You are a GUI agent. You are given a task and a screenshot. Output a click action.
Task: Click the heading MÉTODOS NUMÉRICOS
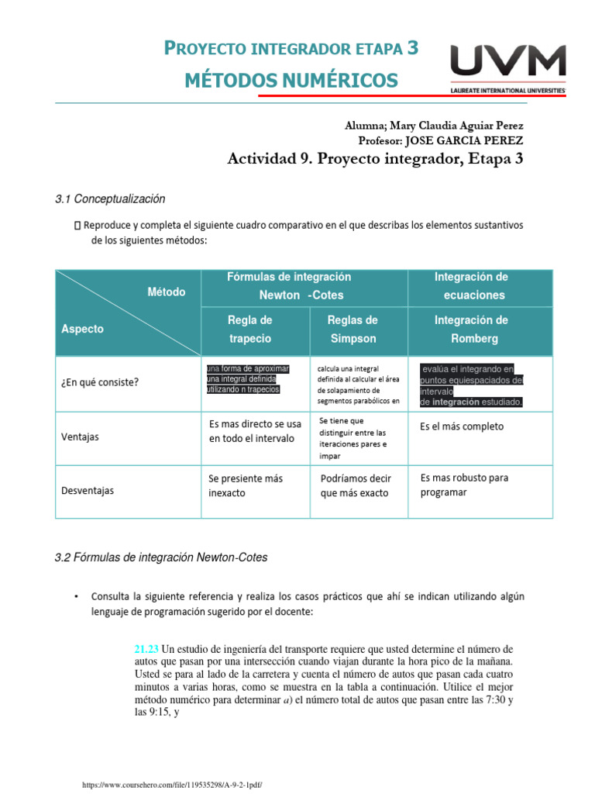coord(291,80)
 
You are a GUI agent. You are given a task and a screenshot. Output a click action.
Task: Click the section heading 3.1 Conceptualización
coord(110,199)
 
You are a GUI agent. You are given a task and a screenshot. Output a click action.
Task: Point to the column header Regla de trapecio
coord(249,329)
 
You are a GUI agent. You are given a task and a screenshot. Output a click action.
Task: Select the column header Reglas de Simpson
coord(353,329)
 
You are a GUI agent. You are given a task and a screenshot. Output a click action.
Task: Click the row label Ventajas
coord(80,437)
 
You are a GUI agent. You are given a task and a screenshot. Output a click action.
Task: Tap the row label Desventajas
coord(87,490)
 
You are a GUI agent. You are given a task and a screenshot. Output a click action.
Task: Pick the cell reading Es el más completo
coord(462,426)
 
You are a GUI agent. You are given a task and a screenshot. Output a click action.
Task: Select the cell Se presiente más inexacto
coord(246,485)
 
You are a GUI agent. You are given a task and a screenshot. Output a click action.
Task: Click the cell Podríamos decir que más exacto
coord(356,485)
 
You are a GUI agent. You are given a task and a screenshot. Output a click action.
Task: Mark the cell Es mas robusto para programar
coord(464,485)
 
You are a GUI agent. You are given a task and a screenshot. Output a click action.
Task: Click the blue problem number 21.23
coord(146,648)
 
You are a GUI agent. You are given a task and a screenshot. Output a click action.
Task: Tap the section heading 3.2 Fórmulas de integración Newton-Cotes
coord(161,558)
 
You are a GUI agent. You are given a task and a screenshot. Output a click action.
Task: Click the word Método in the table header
coord(167,292)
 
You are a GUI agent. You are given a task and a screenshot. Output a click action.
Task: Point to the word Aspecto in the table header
coord(82,329)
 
